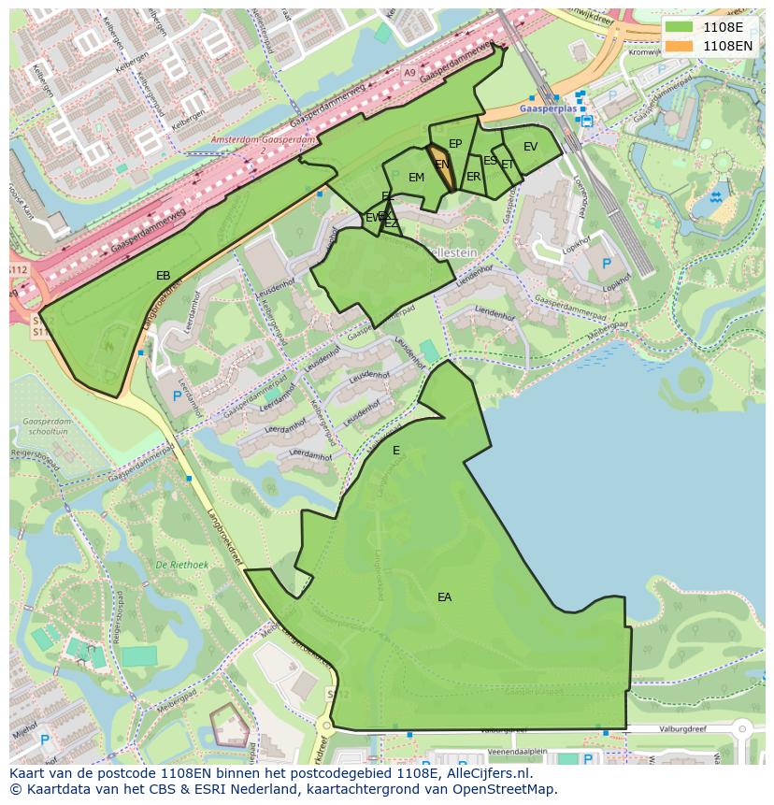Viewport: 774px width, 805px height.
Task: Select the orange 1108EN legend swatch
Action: tap(680, 45)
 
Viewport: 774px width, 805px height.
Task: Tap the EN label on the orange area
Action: tap(442, 165)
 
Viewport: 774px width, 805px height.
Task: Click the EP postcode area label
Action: tap(455, 144)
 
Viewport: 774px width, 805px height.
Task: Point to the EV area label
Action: tap(530, 147)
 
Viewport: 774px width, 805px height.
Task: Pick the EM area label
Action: tap(416, 178)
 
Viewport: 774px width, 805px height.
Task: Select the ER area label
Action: tap(473, 177)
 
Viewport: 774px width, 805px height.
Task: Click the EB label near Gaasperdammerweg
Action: tap(163, 276)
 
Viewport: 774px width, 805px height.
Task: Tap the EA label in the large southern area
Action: tap(444, 597)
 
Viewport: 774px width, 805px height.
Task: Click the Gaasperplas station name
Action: tap(543, 108)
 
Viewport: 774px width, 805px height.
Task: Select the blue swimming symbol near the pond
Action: tap(715, 197)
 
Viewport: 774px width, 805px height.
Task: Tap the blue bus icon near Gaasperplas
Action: tap(586, 120)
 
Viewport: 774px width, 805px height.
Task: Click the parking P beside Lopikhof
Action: tap(606, 265)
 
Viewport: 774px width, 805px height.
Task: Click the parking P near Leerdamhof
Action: tap(177, 396)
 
